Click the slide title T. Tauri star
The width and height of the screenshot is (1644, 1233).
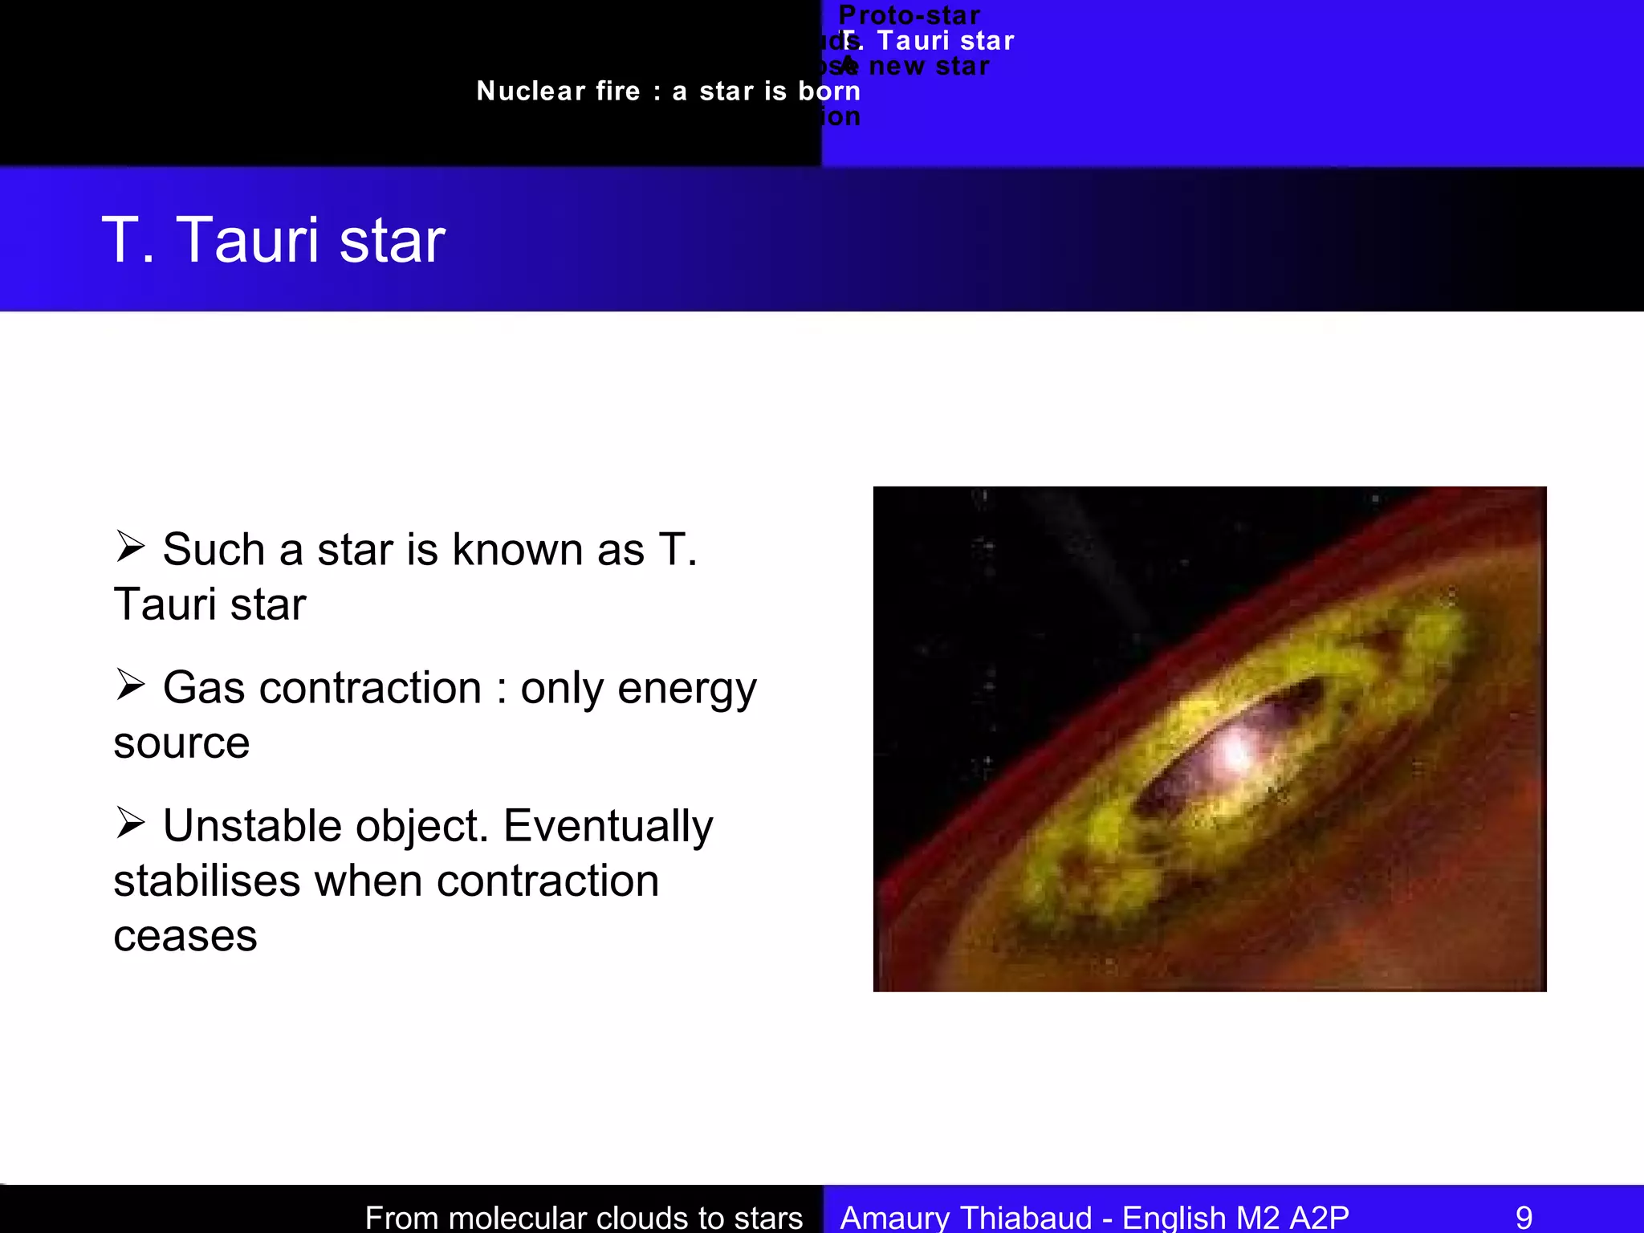(x=273, y=240)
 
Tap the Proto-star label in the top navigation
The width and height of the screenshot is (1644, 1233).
(x=909, y=15)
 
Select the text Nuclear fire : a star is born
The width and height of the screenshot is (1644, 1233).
(x=668, y=92)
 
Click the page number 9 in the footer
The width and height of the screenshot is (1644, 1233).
(x=1524, y=1217)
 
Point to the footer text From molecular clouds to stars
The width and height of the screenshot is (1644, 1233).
(x=584, y=1217)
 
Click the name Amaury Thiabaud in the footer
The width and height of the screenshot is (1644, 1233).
(x=966, y=1217)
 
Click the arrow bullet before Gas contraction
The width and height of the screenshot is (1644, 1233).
(x=130, y=685)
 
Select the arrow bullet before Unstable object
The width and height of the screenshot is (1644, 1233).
(x=130, y=823)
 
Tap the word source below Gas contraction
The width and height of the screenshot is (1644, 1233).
(x=181, y=743)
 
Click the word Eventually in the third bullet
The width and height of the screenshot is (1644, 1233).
(x=608, y=827)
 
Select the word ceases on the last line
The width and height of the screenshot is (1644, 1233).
(x=185, y=937)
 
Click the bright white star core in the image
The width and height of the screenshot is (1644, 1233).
(x=1234, y=753)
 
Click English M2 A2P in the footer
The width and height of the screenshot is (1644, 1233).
(x=1235, y=1217)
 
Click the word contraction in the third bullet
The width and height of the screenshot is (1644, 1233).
(x=547, y=881)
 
